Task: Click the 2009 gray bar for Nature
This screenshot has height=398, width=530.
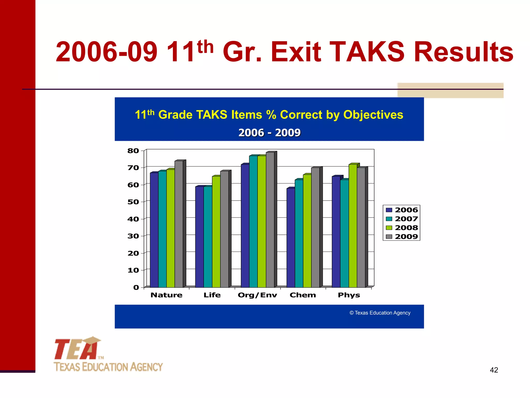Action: click(x=179, y=224)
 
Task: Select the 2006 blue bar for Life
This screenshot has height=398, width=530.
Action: click(x=200, y=237)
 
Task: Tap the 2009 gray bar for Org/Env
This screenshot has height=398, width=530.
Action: click(x=270, y=220)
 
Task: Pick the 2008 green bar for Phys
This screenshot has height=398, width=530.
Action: click(x=353, y=226)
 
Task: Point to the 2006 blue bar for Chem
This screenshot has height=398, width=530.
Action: click(x=291, y=238)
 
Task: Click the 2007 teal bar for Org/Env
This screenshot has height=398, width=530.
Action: click(x=253, y=222)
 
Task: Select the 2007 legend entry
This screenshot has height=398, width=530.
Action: click(x=402, y=219)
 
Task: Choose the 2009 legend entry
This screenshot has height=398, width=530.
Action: click(x=402, y=237)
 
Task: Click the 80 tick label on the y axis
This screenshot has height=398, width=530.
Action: click(x=133, y=151)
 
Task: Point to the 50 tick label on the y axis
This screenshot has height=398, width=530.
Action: click(x=133, y=202)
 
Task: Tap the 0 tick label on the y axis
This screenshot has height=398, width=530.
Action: click(x=136, y=287)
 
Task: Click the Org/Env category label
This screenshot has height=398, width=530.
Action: click(x=257, y=295)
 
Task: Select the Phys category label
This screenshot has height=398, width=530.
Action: click(x=349, y=295)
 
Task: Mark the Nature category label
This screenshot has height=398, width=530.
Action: click(x=166, y=295)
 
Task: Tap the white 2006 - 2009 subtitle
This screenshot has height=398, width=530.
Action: click(x=269, y=133)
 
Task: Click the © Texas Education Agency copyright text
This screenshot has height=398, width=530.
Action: click(x=380, y=313)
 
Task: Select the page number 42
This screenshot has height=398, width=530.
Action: click(x=494, y=370)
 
